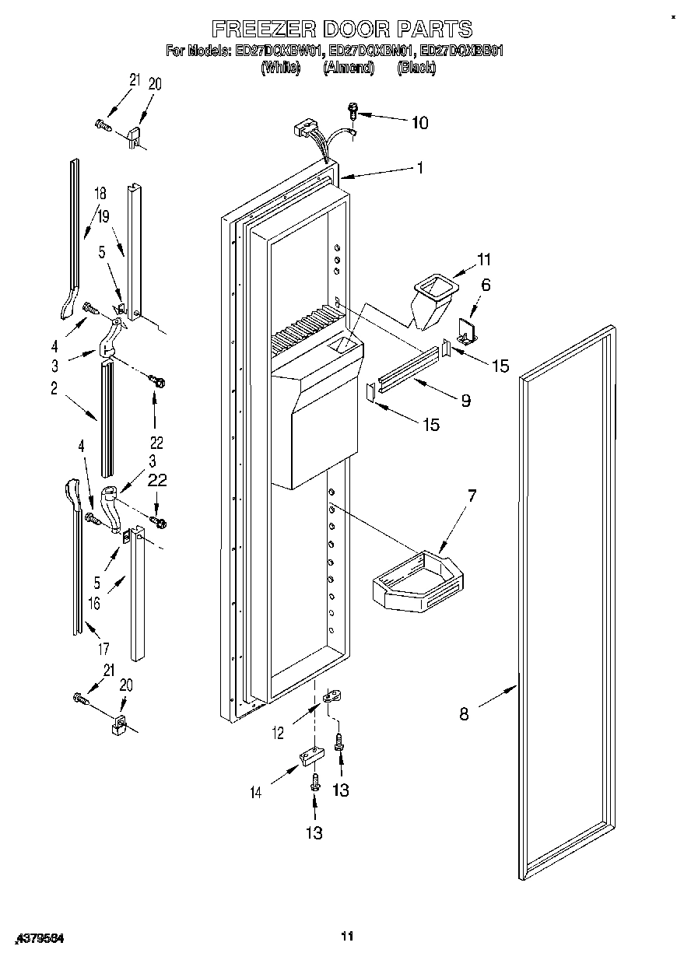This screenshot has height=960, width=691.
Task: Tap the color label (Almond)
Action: click(x=349, y=68)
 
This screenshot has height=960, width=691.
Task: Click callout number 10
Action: click(x=419, y=122)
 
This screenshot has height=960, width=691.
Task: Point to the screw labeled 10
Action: click(x=353, y=111)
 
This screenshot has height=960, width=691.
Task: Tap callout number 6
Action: click(x=486, y=285)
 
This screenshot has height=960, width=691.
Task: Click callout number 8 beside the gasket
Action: click(x=464, y=713)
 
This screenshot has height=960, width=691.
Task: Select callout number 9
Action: click(x=465, y=401)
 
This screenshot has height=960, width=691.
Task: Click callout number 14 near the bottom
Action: click(x=255, y=793)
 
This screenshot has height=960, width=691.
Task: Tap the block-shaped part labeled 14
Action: click(x=309, y=757)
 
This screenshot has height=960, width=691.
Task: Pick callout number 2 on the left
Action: click(x=54, y=391)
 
